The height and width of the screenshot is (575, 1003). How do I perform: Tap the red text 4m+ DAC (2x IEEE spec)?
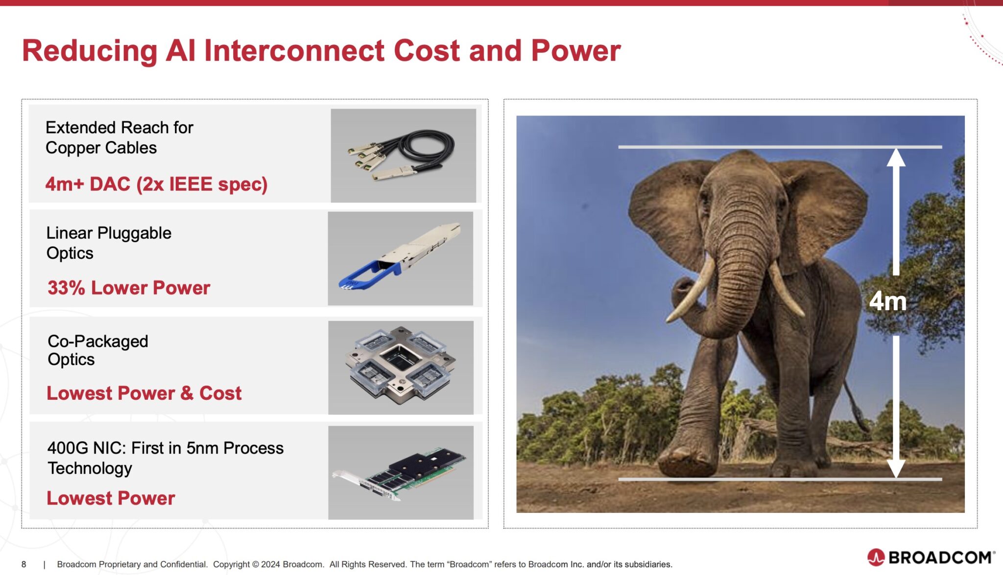pyautogui.click(x=156, y=184)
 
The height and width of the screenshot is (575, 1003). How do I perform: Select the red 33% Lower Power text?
pyautogui.click(x=129, y=288)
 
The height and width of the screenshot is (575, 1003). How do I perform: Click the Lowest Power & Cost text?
pyautogui.click(x=144, y=393)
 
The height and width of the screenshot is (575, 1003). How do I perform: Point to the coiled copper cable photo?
pyautogui.click(x=403, y=155)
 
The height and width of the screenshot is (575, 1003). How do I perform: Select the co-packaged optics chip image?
pyautogui.click(x=401, y=368)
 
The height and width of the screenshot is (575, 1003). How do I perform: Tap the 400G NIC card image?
pyautogui.click(x=401, y=473)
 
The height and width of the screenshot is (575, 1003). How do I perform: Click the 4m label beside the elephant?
pyautogui.click(x=887, y=301)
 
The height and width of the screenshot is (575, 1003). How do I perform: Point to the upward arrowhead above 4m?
pyautogui.click(x=896, y=158)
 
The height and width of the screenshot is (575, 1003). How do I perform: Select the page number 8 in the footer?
pyautogui.click(x=24, y=564)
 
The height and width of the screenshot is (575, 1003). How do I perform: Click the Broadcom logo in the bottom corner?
pyautogui.click(x=931, y=557)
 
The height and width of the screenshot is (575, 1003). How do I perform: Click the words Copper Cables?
pyautogui.click(x=101, y=148)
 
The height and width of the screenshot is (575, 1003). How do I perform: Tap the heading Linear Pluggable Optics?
pyautogui.click(x=109, y=243)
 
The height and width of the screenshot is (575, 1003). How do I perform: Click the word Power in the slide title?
pyautogui.click(x=575, y=50)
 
